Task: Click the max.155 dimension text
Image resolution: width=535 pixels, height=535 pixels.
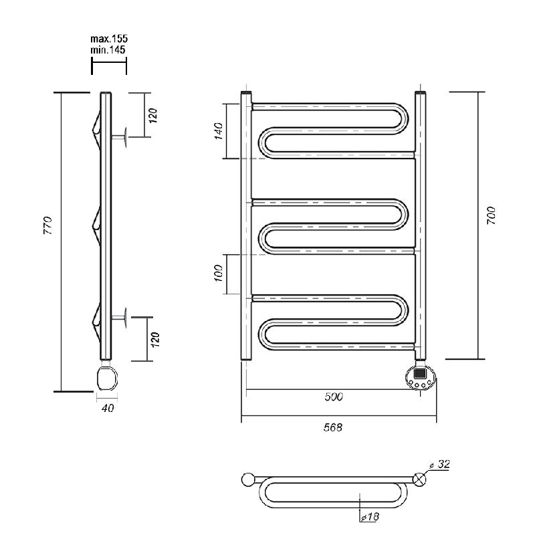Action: click(x=109, y=39)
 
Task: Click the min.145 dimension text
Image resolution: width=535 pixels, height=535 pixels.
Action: click(x=108, y=49)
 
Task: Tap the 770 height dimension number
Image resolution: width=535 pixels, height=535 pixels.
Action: click(x=48, y=225)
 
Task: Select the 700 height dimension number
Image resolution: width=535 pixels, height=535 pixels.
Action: click(x=491, y=215)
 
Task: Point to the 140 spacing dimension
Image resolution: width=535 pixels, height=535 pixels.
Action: click(x=219, y=131)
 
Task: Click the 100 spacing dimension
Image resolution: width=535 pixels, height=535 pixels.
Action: click(x=219, y=273)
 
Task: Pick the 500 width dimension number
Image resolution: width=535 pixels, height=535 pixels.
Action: click(x=334, y=397)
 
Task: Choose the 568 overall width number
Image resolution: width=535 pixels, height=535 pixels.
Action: click(x=332, y=427)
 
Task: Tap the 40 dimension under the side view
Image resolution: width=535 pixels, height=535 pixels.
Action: click(x=108, y=408)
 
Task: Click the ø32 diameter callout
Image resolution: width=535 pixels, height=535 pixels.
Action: click(x=440, y=464)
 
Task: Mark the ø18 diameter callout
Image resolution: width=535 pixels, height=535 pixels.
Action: click(x=370, y=516)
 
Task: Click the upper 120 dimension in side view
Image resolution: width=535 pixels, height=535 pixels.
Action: click(x=153, y=116)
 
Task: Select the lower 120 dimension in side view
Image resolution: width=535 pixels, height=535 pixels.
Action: click(x=155, y=340)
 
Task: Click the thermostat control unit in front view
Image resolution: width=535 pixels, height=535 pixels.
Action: click(x=421, y=377)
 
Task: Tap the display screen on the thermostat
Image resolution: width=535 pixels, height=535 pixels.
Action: click(x=420, y=372)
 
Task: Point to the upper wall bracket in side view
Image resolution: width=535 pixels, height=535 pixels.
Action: click(x=120, y=137)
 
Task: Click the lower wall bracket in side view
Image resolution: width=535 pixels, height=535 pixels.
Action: click(x=120, y=318)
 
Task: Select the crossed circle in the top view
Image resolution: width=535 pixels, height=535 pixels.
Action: click(x=419, y=479)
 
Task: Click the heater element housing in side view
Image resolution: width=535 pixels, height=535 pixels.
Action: click(x=108, y=378)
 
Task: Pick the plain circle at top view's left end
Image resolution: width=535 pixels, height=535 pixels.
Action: click(x=248, y=479)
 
